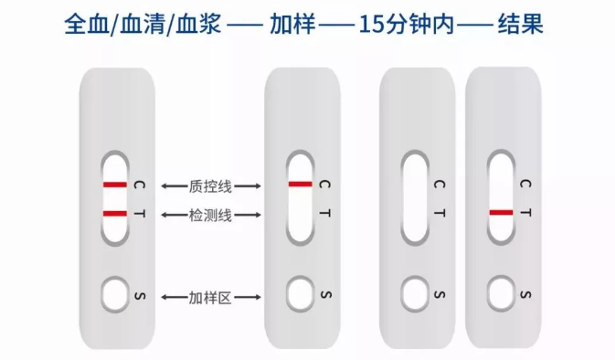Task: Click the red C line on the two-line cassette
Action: pos(115,185)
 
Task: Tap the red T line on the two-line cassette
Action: pos(115,214)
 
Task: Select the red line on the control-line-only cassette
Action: pos(300,184)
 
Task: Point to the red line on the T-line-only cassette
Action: pos(501,213)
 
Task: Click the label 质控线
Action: pos(210,186)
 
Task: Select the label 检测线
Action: pos(210,215)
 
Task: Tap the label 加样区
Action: pos(210,298)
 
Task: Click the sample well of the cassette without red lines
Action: pos(415,293)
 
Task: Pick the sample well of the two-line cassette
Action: pos(115,294)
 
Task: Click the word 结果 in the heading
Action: pos(521,25)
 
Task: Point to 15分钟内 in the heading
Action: pos(407,25)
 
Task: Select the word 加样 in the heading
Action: pos(292,25)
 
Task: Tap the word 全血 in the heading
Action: pos(87,25)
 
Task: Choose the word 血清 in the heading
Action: pos(143,25)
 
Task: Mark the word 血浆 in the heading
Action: pos(198,25)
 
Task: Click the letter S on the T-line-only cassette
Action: pos(525,294)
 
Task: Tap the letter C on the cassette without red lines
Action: pos(440,184)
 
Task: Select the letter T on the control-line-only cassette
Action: pos(324,213)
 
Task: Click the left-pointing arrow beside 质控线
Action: pos(175,186)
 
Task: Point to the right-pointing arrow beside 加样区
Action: pos(248,298)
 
